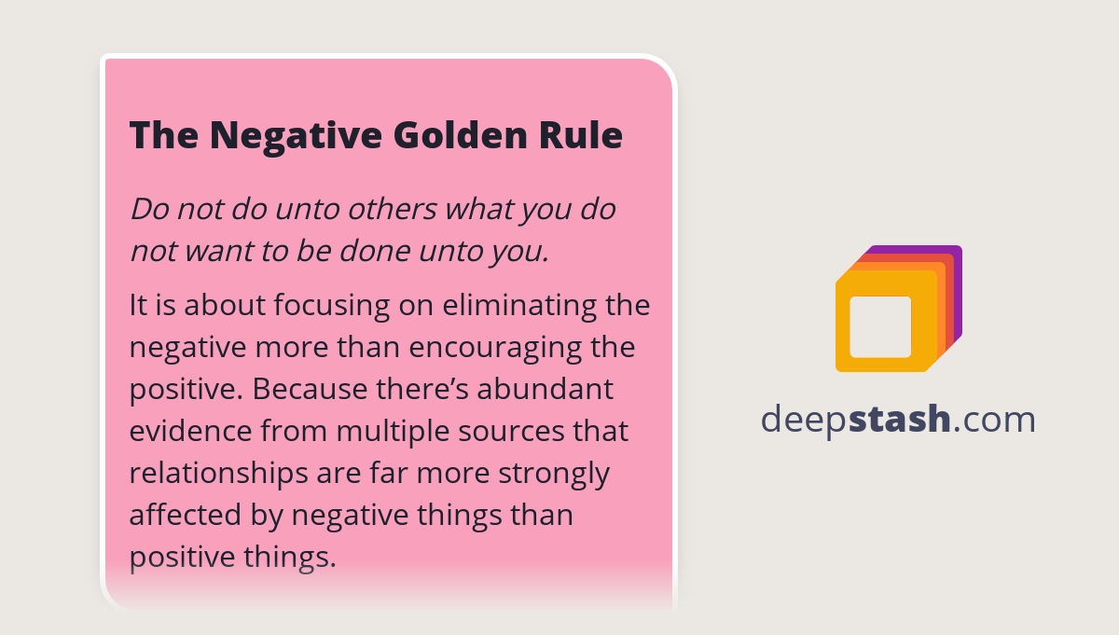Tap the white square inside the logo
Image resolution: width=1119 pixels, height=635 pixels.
point(880,326)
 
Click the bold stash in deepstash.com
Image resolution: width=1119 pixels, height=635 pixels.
point(900,420)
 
